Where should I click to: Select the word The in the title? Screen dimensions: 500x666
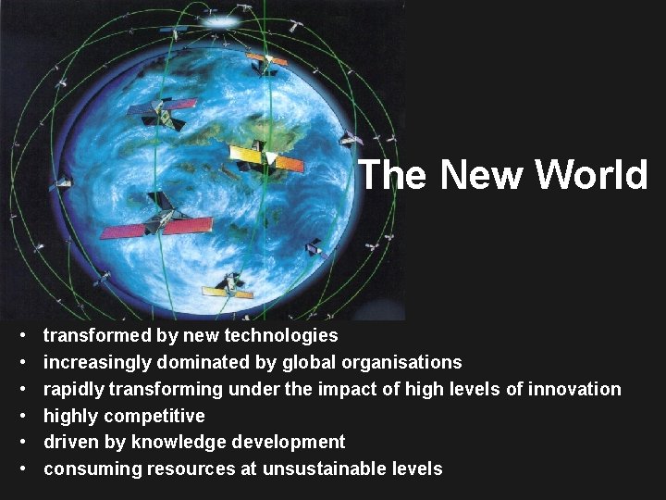point(392,174)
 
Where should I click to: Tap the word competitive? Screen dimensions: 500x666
point(156,416)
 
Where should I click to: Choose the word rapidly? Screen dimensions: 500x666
point(73,389)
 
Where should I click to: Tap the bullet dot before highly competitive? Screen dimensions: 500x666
point(20,416)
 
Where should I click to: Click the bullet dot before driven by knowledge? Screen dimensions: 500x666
point(20,443)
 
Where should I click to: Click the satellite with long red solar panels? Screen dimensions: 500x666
point(157,222)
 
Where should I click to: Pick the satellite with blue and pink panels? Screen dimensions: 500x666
point(162,111)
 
